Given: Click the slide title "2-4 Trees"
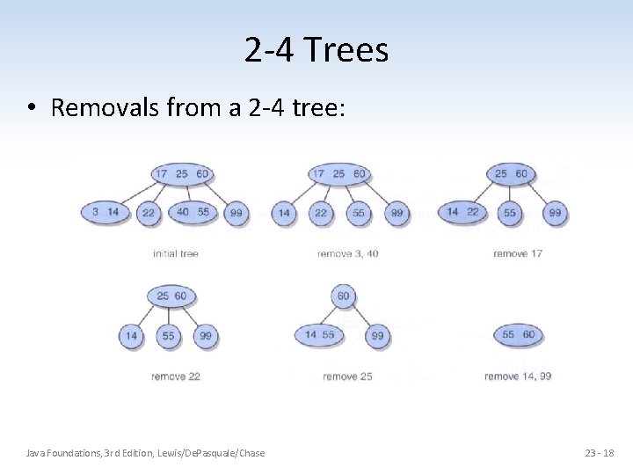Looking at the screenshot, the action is pos(316,50).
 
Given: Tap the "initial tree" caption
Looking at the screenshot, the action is pos(176,253).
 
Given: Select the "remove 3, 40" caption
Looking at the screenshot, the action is pos(347,253).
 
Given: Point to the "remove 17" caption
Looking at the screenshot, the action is pos(518,253).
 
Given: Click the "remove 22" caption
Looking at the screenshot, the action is pos(176,376).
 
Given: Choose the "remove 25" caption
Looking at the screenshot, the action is pos(347,376).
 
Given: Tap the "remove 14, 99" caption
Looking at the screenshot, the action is pos(518,376).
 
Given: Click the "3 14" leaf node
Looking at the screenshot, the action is pos(105,212).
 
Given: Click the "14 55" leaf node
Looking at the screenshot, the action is pos(319,334).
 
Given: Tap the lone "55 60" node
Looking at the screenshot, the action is pos(518,334).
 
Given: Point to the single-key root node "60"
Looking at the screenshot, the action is pos(343,296).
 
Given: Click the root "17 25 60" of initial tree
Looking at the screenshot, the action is pos(181,173).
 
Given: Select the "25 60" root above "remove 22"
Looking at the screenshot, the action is pos(171,296).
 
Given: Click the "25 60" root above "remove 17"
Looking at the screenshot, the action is pos(511,173).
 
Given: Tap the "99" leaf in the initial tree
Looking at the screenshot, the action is pos(236,213).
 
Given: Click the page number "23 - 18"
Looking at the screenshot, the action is pos(599,452).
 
